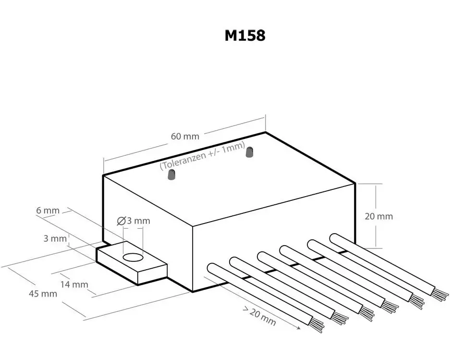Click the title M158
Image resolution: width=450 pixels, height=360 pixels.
click(244, 36)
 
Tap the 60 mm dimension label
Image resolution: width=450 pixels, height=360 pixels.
click(185, 136)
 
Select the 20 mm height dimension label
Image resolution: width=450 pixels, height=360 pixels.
click(378, 216)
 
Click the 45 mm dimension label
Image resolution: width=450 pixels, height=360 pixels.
click(43, 294)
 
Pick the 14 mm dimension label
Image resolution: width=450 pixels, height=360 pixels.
click(74, 284)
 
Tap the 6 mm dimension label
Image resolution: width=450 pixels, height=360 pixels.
click(48, 211)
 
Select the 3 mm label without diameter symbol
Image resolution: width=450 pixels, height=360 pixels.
click(55, 238)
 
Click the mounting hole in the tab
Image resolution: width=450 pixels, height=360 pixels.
click(133, 258)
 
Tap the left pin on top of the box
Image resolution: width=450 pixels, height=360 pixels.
click(171, 176)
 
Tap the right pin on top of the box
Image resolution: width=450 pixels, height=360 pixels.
click(249, 152)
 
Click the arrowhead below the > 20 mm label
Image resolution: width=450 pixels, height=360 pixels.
click(299, 328)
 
